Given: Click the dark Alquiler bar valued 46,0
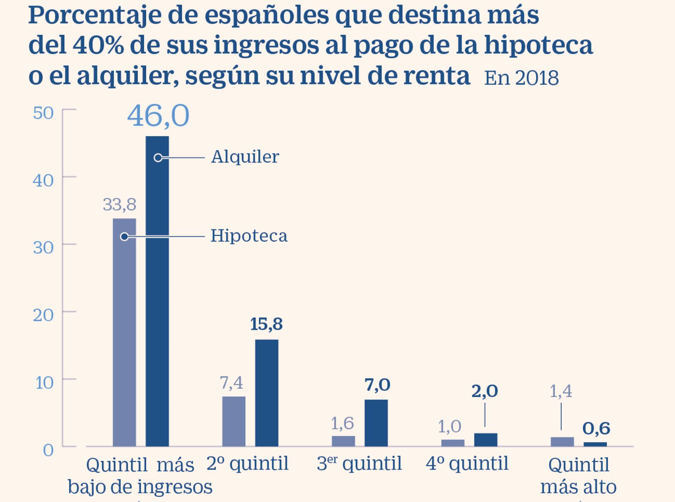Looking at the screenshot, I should [x=157, y=293].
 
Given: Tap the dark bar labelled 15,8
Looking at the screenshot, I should [x=267, y=393].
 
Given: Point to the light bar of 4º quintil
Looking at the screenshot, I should [x=453, y=443].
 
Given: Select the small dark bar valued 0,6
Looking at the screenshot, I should [x=595, y=444].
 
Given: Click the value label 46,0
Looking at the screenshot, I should [x=158, y=116].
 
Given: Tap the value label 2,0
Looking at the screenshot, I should [x=484, y=391].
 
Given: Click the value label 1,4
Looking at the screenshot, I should [x=561, y=391].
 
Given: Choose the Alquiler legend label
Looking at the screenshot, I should [x=245, y=157].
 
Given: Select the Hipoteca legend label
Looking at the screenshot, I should [x=249, y=236].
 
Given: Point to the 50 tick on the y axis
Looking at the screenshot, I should [x=43, y=113].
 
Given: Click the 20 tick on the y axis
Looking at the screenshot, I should [x=43, y=315].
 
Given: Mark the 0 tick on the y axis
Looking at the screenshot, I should [x=48, y=450].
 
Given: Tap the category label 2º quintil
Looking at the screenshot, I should [x=247, y=463].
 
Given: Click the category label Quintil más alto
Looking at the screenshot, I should [x=579, y=476].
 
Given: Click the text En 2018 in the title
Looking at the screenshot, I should [x=521, y=78].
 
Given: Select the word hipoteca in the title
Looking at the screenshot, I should [x=539, y=45].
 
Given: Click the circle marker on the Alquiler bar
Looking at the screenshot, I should [x=158, y=158].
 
